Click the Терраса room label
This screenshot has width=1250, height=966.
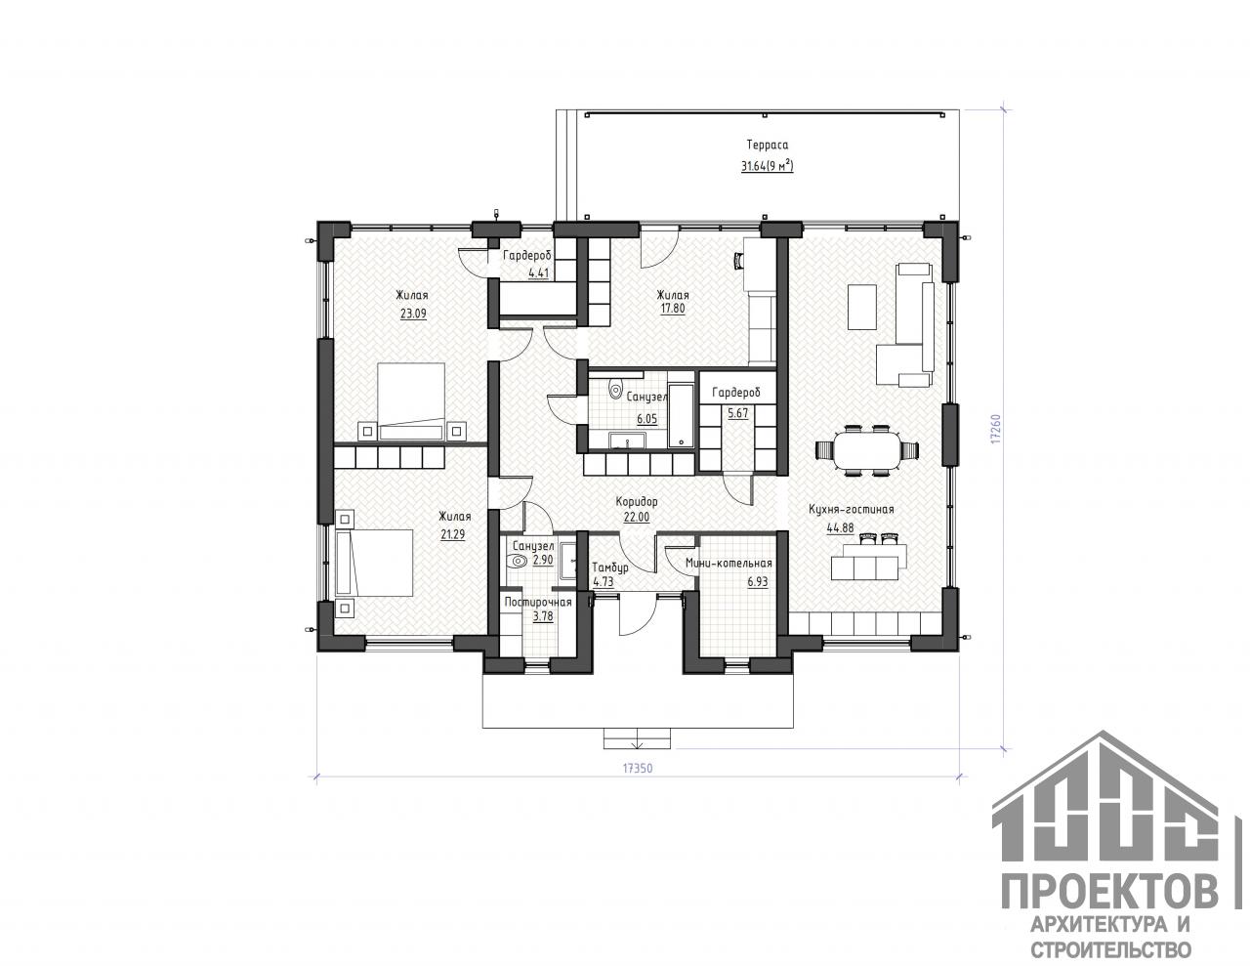click(768, 145)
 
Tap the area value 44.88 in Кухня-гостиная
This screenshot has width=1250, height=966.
click(840, 527)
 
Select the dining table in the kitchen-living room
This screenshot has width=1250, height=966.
click(867, 450)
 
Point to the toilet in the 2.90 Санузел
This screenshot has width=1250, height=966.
click(518, 561)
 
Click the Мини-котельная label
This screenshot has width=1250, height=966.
click(729, 564)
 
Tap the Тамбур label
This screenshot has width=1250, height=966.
click(610, 567)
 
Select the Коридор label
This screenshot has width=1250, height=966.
click(636, 502)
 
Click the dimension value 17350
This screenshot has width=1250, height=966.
click(638, 769)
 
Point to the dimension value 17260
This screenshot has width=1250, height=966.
click(996, 428)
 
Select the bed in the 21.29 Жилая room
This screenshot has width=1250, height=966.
click(374, 563)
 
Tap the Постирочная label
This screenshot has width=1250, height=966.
click(538, 603)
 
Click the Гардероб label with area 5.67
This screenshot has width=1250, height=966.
click(736, 393)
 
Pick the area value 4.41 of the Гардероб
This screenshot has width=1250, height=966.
click(538, 273)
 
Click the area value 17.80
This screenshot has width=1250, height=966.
click(673, 309)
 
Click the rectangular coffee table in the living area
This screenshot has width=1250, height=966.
click(861, 306)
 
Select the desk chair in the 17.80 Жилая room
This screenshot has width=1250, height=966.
click(737, 261)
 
